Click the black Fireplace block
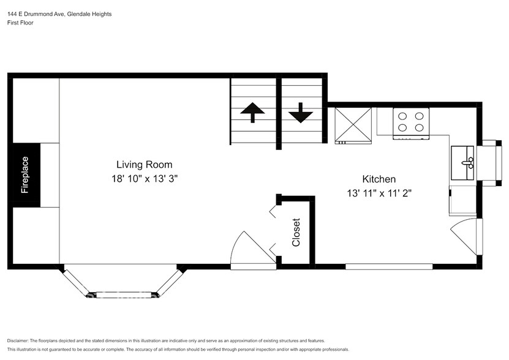coord(26,174)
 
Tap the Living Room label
coord(144,165)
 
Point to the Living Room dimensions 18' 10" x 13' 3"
coord(144,179)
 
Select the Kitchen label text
coord(379,179)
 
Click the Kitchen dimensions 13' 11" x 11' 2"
coord(379,193)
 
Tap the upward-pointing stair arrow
coord(252,113)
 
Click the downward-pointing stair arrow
coord(301,113)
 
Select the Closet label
coord(296,232)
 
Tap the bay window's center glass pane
coord(123,295)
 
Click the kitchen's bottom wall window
coord(388,266)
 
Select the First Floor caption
coord(20,23)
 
